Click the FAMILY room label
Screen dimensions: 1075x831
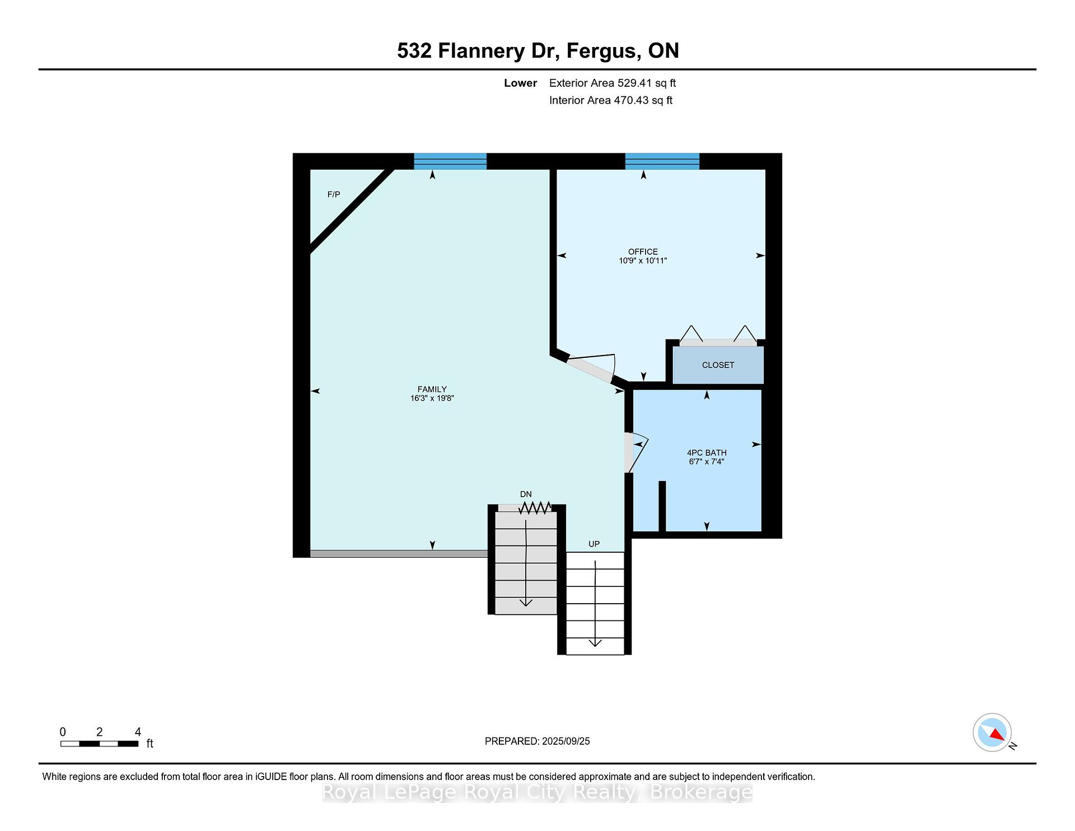coord(432,389)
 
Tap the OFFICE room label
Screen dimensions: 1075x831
coord(643,251)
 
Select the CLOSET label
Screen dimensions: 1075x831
coord(718,365)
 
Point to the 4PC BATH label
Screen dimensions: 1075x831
coord(707,452)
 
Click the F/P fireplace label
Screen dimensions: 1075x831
coord(334,194)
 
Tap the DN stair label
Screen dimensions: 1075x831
coord(526,494)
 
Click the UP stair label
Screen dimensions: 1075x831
coord(594,544)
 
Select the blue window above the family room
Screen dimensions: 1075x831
coord(450,161)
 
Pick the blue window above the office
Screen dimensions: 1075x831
coord(662,161)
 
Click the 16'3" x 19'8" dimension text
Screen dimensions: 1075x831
coord(432,399)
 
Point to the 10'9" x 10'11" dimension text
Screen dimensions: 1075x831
coord(643,261)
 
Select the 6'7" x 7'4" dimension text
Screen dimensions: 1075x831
coord(707,462)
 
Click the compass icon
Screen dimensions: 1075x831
coord(993,732)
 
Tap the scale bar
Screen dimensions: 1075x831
coord(100,744)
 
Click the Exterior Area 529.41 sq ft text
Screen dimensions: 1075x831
coord(613,83)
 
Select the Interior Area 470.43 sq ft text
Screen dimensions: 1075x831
coord(611,100)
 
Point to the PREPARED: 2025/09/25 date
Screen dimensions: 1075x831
coord(537,741)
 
